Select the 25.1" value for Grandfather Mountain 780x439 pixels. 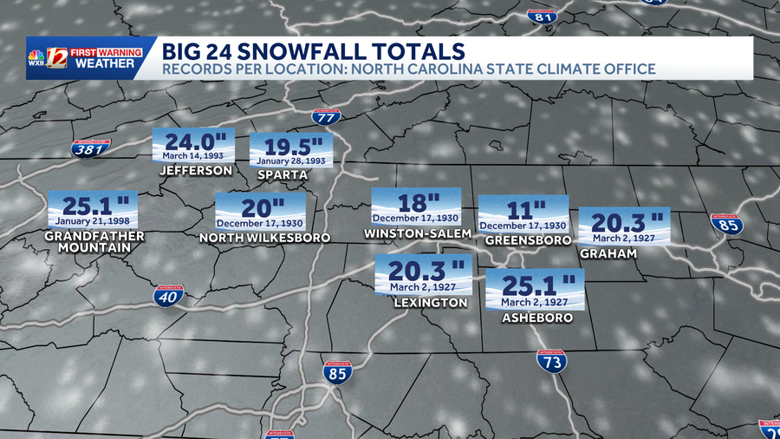(x=92, y=206)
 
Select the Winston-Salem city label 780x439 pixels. (x=419, y=233)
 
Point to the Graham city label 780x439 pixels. (x=608, y=253)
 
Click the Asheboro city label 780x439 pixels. (x=537, y=318)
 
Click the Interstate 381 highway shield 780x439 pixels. (x=91, y=149)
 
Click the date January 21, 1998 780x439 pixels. (x=92, y=221)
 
